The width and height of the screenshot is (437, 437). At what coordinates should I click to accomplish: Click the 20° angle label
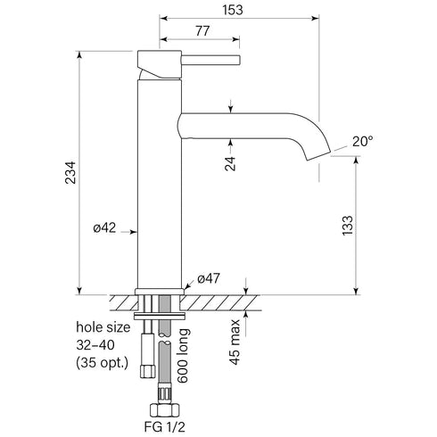[x=362, y=141]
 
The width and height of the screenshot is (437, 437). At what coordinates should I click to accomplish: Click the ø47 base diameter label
[x=209, y=278]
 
